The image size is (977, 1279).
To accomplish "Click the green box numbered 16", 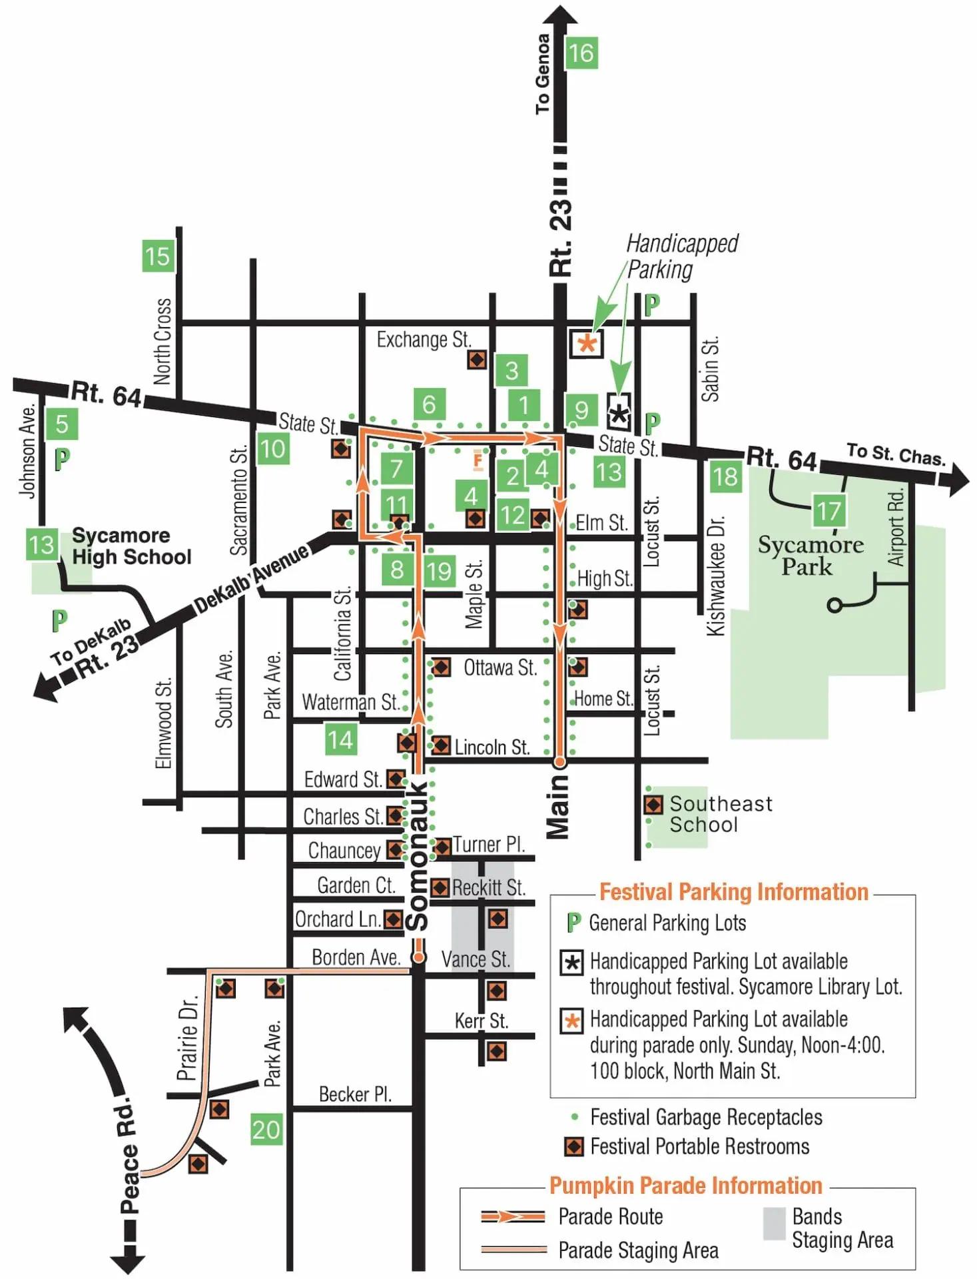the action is click(x=581, y=53).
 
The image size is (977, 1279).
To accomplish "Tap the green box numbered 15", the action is click(x=158, y=256).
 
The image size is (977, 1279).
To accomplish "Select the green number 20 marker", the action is click(x=266, y=1130).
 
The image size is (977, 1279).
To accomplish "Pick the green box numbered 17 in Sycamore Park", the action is click(x=829, y=512).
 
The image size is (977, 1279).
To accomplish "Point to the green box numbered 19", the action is click(x=439, y=571).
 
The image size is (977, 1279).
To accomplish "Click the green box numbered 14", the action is click(x=340, y=739).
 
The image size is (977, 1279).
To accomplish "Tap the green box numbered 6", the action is click(x=429, y=404).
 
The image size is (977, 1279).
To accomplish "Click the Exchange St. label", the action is click(x=423, y=340).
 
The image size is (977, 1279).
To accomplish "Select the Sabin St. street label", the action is click(x=711, y=369).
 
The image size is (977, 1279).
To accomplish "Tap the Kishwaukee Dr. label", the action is click(x=715, y=576).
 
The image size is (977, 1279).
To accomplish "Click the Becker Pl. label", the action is click(x=354, y=1094).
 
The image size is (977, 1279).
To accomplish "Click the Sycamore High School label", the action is click(x=131, y=546).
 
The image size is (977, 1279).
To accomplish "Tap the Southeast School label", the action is click(x=721, y=814).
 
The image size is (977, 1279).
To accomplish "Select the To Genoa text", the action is click(x=543, y=73).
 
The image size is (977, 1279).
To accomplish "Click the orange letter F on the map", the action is click(x=478, y=460).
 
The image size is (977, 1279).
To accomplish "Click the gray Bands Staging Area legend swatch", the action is click(x=774, y=1224).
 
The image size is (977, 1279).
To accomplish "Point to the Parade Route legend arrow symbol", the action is click(x=513, y=1216).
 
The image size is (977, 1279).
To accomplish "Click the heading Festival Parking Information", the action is click(x=734, y=892).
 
